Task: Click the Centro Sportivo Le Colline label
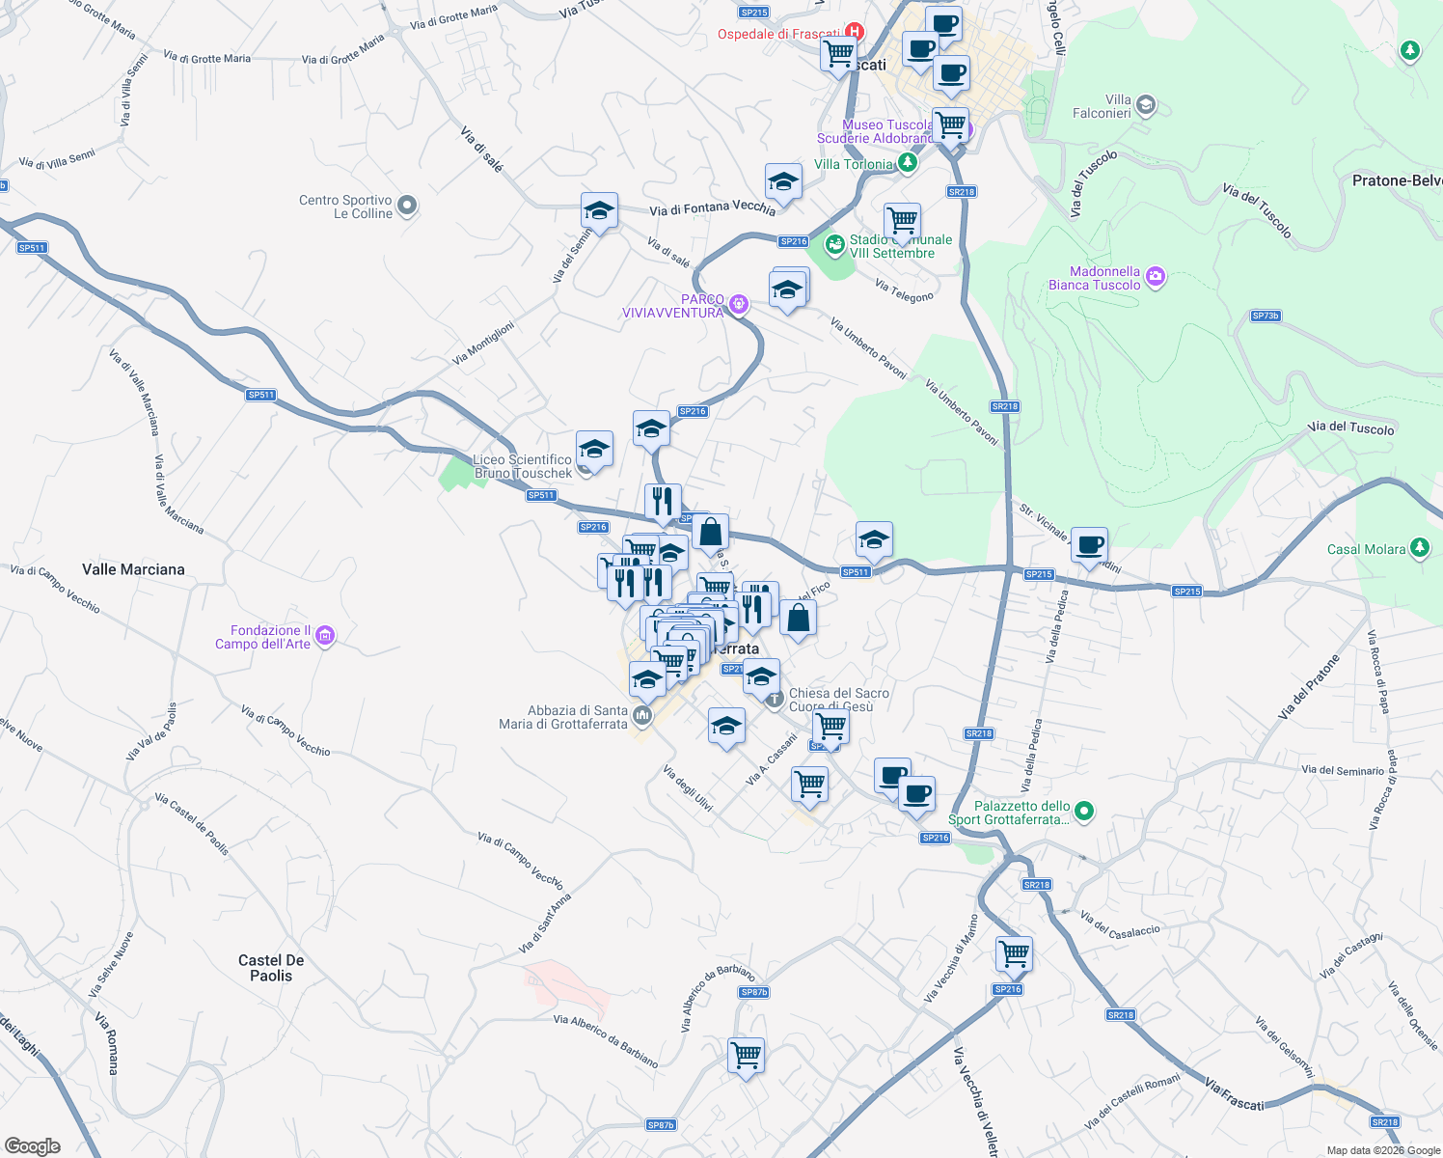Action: [345, 207]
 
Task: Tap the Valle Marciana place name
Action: [133, 569]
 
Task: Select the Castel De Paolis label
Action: [271, 968]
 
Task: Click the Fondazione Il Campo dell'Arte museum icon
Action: [325, 636]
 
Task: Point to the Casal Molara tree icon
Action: [1419, 548]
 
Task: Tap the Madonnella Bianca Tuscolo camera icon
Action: [1156, 278]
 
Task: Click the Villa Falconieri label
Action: [1102, 106]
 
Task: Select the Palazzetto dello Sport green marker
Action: [1084, 812]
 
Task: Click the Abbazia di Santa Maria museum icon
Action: [642, 716]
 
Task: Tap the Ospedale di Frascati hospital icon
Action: [854, 33]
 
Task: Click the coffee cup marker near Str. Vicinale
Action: [1089, 545]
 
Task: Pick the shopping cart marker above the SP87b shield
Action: [747, 1055]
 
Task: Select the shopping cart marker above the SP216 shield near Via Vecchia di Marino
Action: [1014, 953]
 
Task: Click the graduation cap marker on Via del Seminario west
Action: [599, 210]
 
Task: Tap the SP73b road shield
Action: [1265, 316]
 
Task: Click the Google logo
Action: [32, 1146]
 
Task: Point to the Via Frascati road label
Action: [1234, 1094]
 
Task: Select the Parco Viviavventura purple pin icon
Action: [739, 305]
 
